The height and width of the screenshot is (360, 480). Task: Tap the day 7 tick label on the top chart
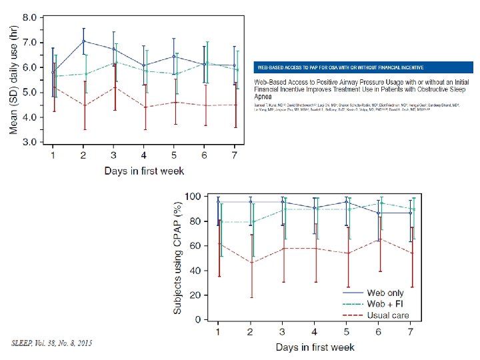tap(233, 155)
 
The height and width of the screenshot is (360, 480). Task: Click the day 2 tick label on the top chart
tap(83, 155)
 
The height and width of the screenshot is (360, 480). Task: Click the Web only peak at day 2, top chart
tap(83, 41)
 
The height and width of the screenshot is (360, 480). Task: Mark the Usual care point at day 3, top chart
tap(113, 87)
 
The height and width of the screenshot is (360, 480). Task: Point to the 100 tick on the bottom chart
tap(192, 197)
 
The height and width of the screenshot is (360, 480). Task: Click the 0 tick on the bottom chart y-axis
tap(197, 320)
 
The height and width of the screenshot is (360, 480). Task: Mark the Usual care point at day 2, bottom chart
tap(251, 263)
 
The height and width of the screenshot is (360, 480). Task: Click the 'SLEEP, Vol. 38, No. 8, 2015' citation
tap(52, 343)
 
